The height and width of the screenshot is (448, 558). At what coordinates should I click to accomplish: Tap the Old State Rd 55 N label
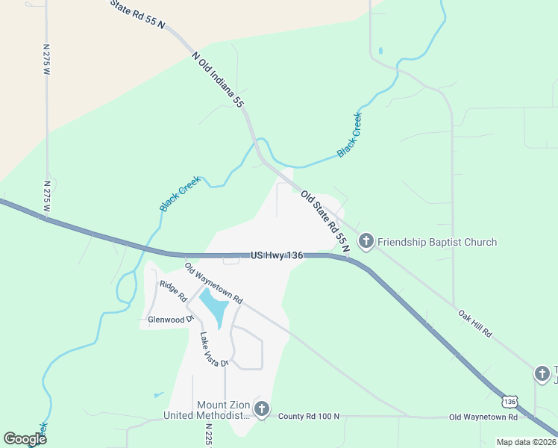tap(326, 220)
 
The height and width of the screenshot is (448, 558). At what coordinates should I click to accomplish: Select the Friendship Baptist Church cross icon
tap(366, 241)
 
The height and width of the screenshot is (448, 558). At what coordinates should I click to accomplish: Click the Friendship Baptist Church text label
tap(437, 242)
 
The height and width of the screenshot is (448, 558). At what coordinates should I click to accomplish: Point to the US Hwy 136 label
tap(277, 255)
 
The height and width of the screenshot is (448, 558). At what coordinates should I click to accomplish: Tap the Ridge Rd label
tap(173, 290)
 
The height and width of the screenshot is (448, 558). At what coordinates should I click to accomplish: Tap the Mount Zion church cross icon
tap(261, 408)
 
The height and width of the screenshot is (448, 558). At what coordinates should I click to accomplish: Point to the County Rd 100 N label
tap(309, 416)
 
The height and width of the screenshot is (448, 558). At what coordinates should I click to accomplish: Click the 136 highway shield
tap(510, 402)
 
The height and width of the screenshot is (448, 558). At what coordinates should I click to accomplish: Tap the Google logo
tap(25, 438)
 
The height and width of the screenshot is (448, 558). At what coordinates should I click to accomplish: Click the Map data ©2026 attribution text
tap(527, 442)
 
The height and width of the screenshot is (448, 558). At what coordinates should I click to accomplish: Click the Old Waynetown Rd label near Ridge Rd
tap(213, 283)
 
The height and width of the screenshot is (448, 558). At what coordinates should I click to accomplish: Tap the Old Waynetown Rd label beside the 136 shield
tap(477, 417)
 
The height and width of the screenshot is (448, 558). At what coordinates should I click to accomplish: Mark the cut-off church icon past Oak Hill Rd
tap(542, 373)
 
